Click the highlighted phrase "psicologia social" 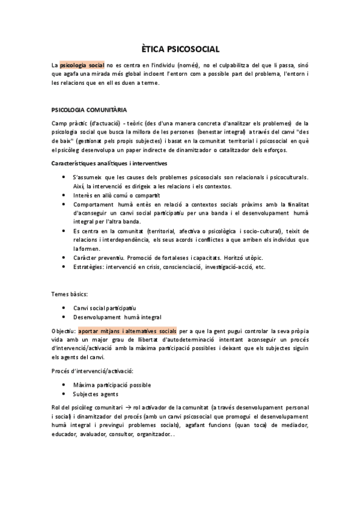coord(82,65)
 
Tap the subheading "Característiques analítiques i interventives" coord(109,163)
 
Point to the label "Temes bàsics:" coord(70,294)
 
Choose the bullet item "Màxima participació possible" coord(111,384)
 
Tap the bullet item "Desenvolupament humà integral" coord(117,317)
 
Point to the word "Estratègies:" coord(88,266)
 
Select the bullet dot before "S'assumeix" coord(64,177)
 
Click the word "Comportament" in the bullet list coord(94,204)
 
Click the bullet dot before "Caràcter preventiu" coord(64,257)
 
